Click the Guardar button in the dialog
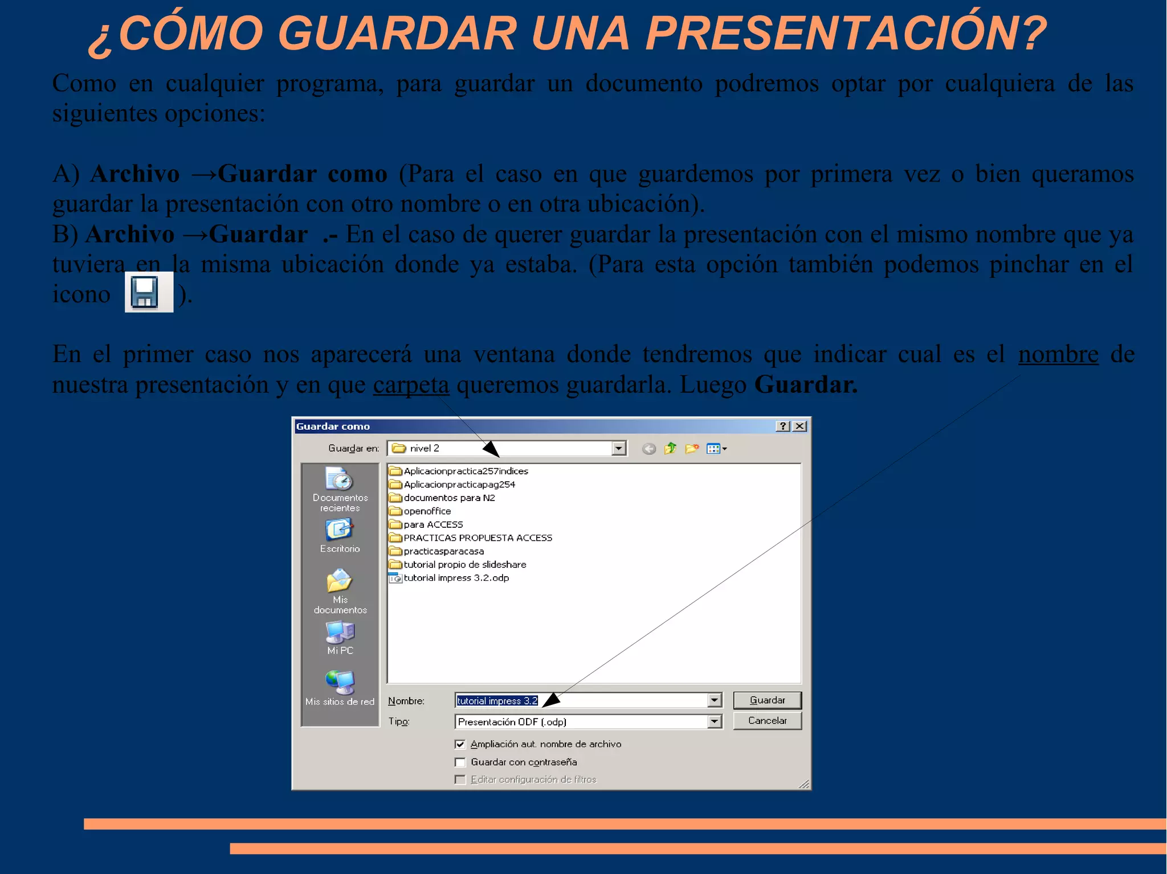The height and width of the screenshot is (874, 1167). point(767,700)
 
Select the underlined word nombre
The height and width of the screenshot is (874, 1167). point(1058,355)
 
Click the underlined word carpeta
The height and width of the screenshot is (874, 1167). point(411,385)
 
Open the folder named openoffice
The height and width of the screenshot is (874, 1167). point(427,511)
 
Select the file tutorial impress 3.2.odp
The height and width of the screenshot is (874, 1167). point(456,578)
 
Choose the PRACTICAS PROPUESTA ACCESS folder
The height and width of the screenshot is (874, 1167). point(478,538)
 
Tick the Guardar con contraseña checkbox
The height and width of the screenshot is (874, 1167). point(460,762)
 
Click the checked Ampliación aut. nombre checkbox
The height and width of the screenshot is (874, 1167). point(460,744)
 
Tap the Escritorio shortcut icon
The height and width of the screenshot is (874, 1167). point(340,530)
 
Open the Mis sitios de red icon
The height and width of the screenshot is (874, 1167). point(340,683)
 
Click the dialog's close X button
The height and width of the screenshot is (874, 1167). point(800,426)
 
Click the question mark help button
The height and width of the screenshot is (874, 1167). point(783,426)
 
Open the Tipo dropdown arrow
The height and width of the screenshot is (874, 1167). point(715,721)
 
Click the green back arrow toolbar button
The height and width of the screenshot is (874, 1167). point(648,449)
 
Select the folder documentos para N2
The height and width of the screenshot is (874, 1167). point(449,498)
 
